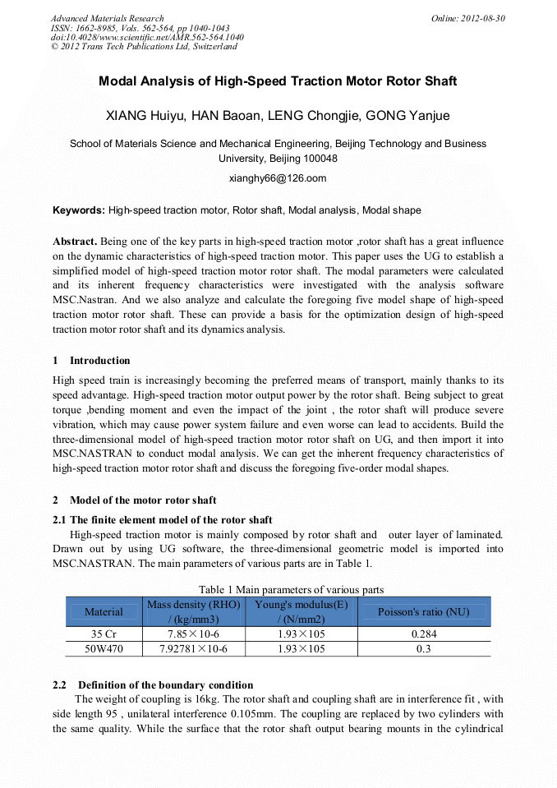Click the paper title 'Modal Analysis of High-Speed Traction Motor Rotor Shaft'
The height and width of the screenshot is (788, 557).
pyautogui.click(x=278, y=81)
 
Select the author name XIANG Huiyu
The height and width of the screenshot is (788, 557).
pyautogui.click(x=146, y=115)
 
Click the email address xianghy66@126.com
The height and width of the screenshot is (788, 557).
pyautogui.click(x=278, y=177)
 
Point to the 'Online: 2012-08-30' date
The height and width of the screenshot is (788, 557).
pyautogui.click(x=467, y=18)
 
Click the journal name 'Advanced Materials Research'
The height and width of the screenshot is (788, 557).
pyautogui.click(x=107, y=18)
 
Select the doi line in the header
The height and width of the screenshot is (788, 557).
pyautogui.click(x=147, y=37)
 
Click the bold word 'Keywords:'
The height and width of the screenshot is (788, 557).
pyautogui.click(x=79, y=210)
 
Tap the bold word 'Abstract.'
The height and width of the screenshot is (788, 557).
pyautogui.click(x=75, y=242)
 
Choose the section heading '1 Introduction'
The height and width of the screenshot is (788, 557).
pyautogui.click(x=91, y=360)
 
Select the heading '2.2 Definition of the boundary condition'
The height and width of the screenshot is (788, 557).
pyautogui.click(x=153, y=684)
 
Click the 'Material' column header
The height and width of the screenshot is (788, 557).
pyautogui.click(x=104, y=611)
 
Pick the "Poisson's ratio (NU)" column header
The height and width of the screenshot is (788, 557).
pyautogui.click(x=423, y=611)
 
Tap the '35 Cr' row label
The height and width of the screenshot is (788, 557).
pyautogui.click(x=104, y=634)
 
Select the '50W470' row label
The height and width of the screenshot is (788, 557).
pyautogui.click(x=104, y=648)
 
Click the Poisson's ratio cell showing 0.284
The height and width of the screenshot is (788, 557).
pyautogui.click(x=423, y=634)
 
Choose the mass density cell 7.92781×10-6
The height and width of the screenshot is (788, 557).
pyautogui.click(x=193, y=648)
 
